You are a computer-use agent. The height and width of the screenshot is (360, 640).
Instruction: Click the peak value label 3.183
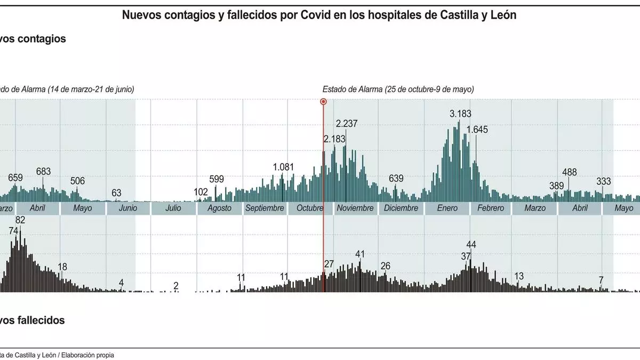(461, 114)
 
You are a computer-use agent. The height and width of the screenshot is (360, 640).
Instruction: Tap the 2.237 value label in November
(347, 124)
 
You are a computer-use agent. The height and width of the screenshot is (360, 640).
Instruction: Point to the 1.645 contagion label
(477, 130)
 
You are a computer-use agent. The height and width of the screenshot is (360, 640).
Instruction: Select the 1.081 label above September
(283, 167)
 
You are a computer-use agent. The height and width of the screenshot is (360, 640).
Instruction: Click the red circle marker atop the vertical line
(323, 101)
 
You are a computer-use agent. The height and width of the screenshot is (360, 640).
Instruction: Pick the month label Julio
(173, 208)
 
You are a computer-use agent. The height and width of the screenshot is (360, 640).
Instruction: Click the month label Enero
(447, 208)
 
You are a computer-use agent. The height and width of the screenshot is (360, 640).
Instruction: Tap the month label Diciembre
(401, 208)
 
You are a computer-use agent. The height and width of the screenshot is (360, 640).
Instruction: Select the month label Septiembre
(265, 208)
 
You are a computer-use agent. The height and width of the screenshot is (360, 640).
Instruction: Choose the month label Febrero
(491, 208)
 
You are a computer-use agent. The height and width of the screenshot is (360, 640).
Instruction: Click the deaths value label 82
(20, 220)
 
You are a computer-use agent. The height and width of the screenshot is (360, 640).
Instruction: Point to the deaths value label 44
(471, 245)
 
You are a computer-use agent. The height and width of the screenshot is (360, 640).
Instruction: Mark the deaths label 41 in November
(360, 254)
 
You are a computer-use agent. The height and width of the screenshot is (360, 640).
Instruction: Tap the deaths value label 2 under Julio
(176, 286)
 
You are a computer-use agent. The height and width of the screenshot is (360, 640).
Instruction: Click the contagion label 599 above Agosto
(216, 179)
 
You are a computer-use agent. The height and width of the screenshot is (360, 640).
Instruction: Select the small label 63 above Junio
(116, 193)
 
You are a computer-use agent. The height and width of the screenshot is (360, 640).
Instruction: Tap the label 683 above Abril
(43, 172)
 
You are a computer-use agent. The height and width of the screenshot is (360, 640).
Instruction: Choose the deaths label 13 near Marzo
(518, 276)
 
